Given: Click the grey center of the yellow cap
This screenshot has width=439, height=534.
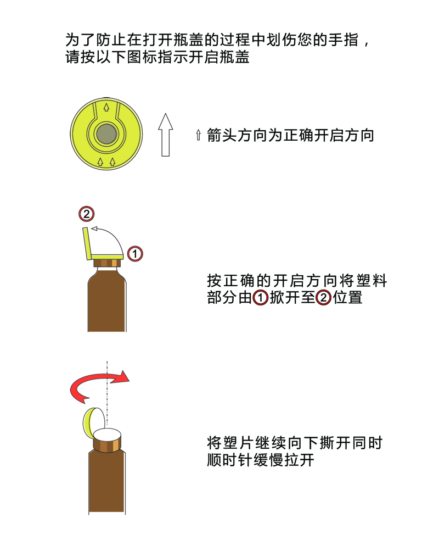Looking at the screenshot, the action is (106, 134).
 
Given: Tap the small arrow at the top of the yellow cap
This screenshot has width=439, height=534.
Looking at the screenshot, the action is (106, 107).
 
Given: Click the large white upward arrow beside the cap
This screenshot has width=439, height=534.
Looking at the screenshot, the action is (166, 135).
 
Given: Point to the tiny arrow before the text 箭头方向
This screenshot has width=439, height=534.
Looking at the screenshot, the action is (199, 135).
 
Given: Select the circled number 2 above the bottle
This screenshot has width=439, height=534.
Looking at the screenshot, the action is (86, 214).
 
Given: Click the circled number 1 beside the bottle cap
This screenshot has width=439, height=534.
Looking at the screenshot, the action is (135, 254).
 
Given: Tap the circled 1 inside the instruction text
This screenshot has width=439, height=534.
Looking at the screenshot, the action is (261, 298).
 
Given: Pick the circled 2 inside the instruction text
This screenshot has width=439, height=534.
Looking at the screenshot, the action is (323, 298).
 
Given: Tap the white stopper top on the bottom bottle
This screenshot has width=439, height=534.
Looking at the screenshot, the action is (107, 435).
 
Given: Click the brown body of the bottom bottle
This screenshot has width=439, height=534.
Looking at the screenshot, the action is (107, 480).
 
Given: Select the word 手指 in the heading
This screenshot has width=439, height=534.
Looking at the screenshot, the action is (344, 40).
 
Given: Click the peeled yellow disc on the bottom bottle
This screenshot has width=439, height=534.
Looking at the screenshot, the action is (93, 422).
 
